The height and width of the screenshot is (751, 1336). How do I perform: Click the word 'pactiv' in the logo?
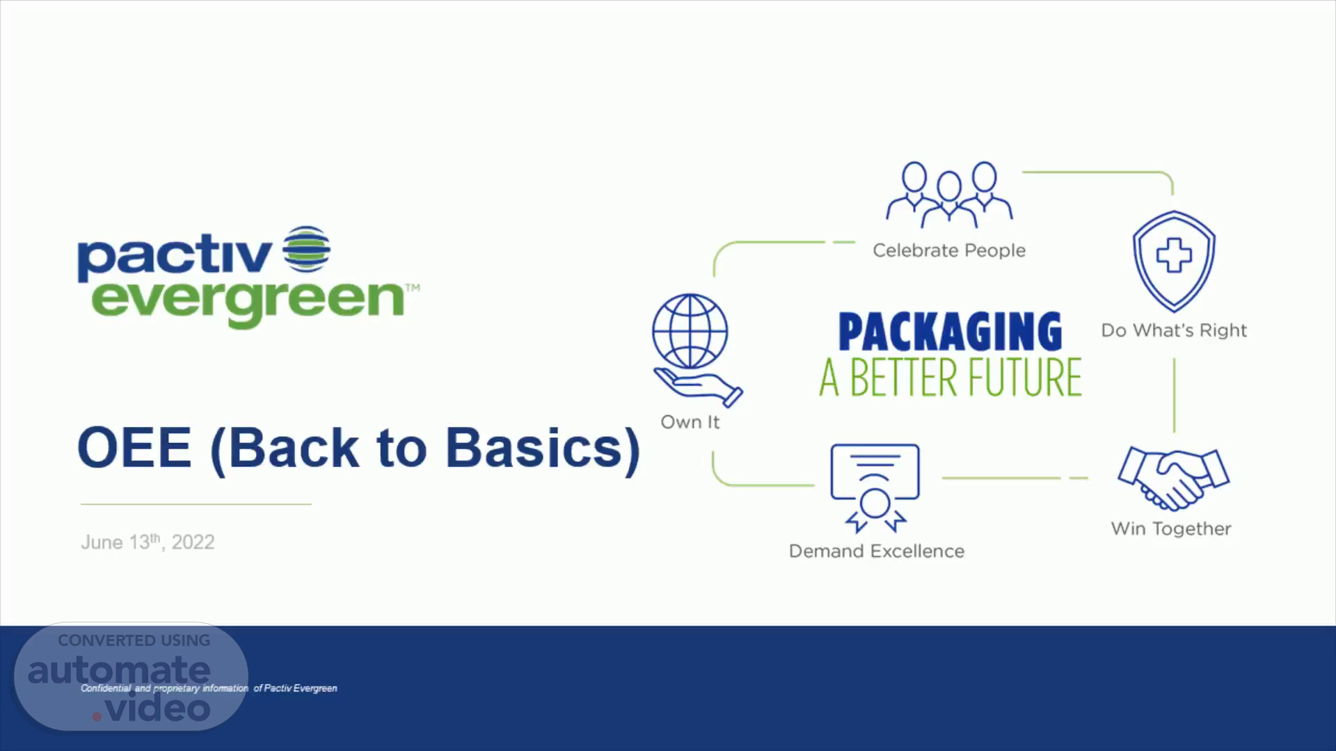click(175, 257)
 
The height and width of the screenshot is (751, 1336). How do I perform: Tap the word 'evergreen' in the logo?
click(248, 300)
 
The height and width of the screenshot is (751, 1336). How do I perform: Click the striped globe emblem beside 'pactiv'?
click(306, 248)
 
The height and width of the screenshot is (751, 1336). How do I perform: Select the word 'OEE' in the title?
click(134, 447)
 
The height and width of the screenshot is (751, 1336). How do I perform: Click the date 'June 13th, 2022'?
click(148, 542)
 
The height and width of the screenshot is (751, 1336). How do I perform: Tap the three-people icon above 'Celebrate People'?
click(949, 195)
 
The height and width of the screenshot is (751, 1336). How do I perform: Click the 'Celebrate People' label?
click(949, 250)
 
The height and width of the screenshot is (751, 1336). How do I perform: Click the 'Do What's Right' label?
click(1174, 330)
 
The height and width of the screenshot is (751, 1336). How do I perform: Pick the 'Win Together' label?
click(1171, 529)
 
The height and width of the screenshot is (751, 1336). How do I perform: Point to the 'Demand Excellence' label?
click(877, 551)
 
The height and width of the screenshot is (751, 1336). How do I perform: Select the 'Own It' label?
click(690, 422)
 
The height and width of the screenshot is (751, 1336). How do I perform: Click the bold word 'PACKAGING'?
click(951, 332)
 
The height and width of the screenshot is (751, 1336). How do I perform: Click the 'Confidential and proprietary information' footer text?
click(164, 688)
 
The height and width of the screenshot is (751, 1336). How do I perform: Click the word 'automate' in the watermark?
click(119, 670)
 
